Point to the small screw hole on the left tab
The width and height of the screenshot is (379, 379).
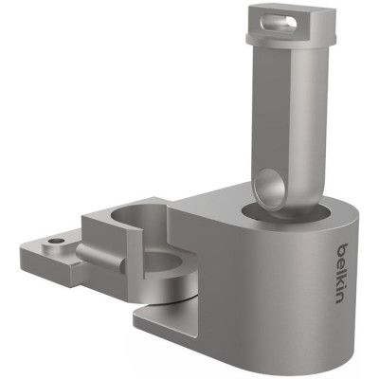[59, 243]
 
